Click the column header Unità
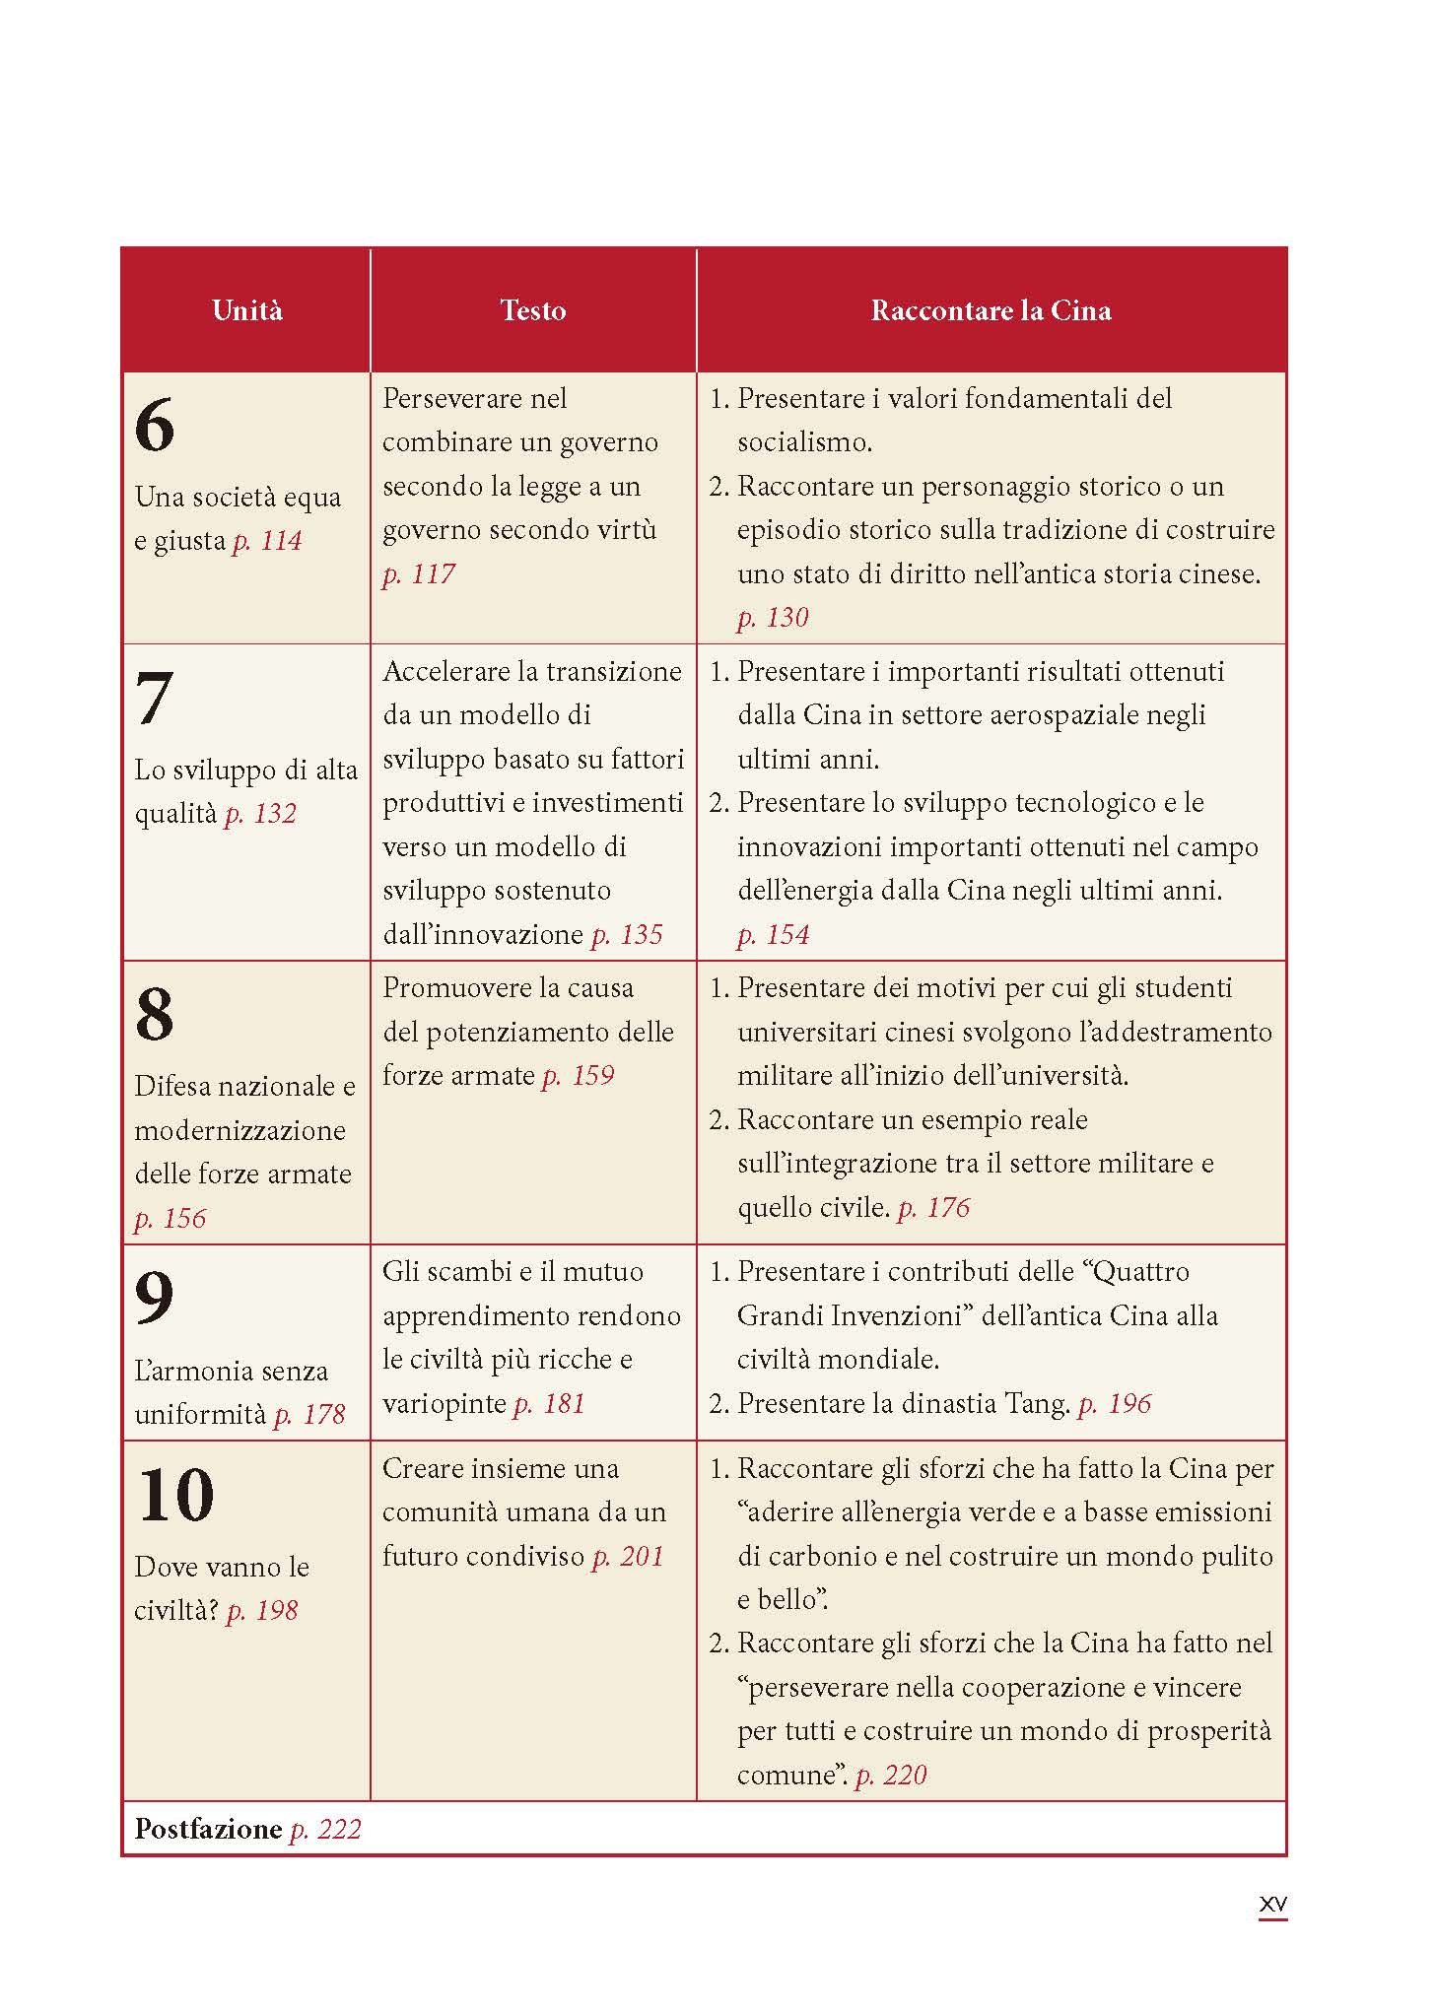point(246,311)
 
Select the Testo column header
point(532,311)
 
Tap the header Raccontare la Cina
point(991,311)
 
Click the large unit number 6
point(155,426)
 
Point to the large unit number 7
point(154,699)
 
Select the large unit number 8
point(155,1015)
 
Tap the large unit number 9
point(155,1299)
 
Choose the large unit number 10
point(175,1496)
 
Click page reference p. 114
point(267,541)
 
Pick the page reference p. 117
point(418,573)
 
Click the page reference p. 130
point(773,618)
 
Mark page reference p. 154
point(773,935)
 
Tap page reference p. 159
point(578,1076)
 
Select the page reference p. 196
point(1114,1404)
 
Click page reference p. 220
point(891,1776)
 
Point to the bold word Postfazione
point(208,1830)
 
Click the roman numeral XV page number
point(1272,1906)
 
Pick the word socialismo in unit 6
point(803,442)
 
